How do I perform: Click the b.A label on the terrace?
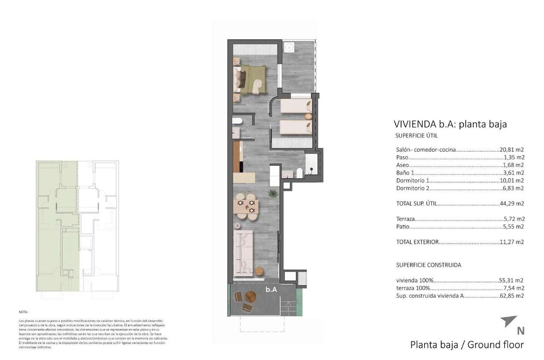[x=271, y=290]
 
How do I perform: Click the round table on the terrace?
[x=251, y=297]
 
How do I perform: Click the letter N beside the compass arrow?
[x=520, y=331]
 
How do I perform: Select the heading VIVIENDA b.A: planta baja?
[x=450, y=124]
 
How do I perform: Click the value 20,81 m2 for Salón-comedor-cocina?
[x=512, y=150]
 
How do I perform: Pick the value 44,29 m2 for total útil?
[x=512, y=203]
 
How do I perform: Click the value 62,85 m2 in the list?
[x=512, y=295]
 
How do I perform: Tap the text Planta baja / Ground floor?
[x=467, y=345]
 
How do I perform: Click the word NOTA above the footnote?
[x=23, y=311]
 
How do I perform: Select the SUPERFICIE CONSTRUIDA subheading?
[x=428, y=265]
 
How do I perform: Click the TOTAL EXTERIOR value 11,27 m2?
[x=512, y=242]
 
